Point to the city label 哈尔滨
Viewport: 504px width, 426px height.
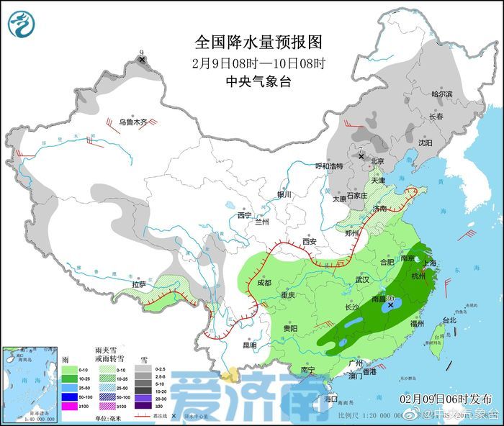click(x=441, y=94)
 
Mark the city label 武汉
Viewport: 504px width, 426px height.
click(x=361, y=278)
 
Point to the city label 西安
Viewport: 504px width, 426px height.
click(x=310, y=242)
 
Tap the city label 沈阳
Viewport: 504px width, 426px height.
click(x=426, y=142)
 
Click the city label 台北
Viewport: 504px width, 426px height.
click(x=448, y=319)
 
